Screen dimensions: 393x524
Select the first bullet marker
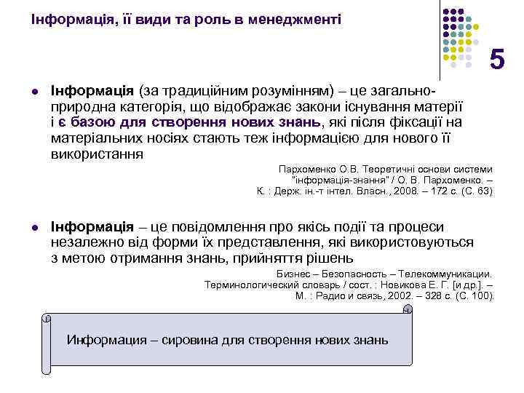pyautogui.click(x=34, y=93)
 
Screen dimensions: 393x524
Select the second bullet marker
pyautogui.click(x=34, y=228)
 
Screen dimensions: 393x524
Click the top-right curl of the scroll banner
pyautogui.click(x=408, y=310)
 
